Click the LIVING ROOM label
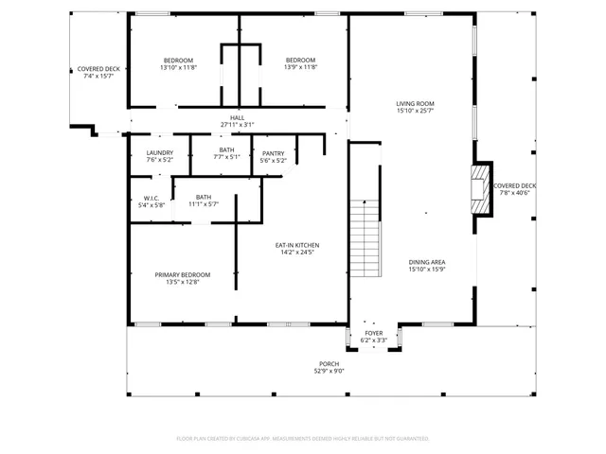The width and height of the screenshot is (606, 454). pos(415,103)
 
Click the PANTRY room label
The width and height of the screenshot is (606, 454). pos(273,153)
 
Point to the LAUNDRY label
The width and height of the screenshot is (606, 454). pos(159,153)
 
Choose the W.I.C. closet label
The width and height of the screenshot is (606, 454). pos(151,198)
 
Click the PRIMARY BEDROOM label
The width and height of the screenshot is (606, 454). pos(183,274)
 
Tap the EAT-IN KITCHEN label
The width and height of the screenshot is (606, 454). pos(296,245)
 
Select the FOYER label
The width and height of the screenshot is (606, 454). pos(373,333)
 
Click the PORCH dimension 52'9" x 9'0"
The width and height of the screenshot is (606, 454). pos(329,372)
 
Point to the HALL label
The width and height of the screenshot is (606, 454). pos(237,117)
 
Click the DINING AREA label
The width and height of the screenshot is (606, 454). pos(426,262)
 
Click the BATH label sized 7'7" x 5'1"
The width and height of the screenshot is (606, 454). pos(226,149)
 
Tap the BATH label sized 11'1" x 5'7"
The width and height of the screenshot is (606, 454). pos(204,196)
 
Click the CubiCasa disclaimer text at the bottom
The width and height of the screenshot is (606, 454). pos(303,439)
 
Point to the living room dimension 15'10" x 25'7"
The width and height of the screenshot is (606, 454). pos(415,111)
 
